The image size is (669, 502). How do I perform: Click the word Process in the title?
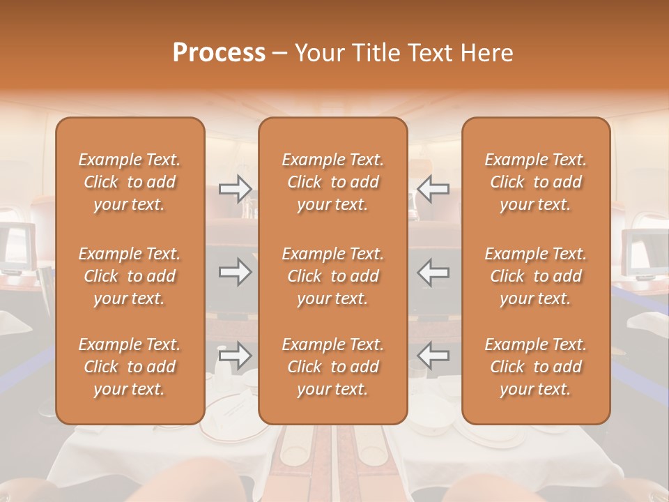[219, 53]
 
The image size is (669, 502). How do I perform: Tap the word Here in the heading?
[487, 53]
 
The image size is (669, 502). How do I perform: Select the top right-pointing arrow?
[235, 189]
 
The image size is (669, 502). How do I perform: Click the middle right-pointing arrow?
[235, 272]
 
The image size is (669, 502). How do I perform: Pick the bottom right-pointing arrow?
[235, 356]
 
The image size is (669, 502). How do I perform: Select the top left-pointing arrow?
[433, 189]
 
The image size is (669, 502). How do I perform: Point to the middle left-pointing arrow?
[433, 272]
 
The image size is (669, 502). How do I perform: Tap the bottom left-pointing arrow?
[433, 356]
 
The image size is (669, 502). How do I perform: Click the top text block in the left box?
[130, 182]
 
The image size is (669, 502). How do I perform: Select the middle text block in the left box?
[130, 276]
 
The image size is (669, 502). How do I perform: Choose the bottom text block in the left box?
[130, 367]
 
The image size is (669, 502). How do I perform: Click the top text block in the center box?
[332, 182]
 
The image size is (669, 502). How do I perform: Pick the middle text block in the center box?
[332, 276]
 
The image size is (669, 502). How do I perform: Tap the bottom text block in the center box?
[332, 367]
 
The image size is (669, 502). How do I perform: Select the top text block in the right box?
[535, 182]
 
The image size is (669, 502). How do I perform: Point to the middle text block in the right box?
[535, 276]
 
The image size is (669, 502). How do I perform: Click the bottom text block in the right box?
[535, 367]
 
